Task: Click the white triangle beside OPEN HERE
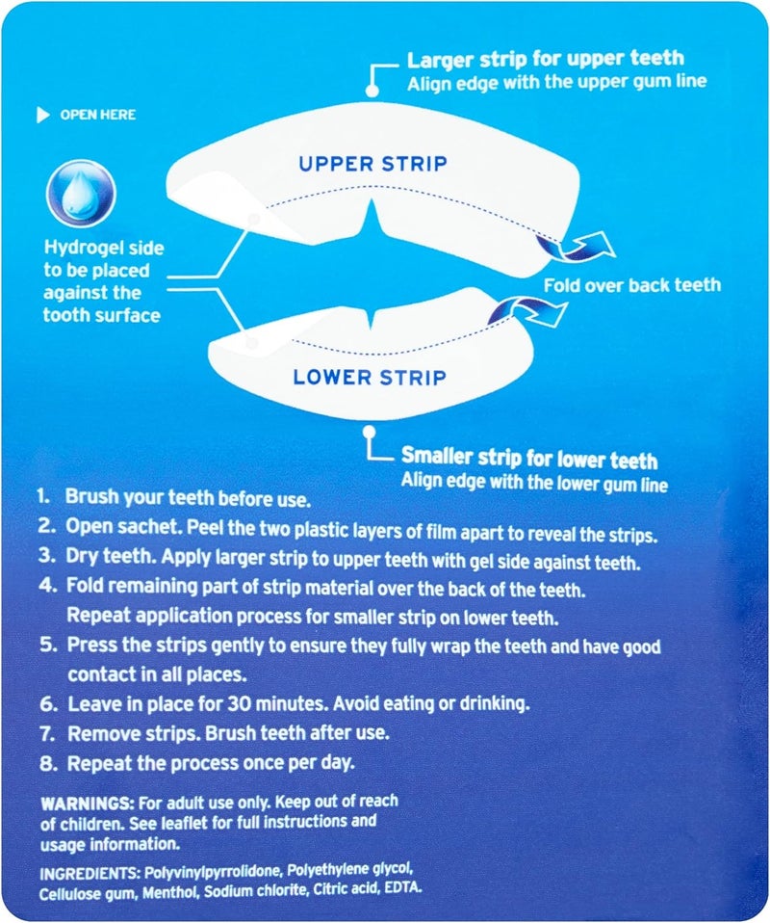tap(42, 116)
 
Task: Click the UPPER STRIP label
tap(372, 164)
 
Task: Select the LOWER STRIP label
tap(371, 376)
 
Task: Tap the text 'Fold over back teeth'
tap(631, 285)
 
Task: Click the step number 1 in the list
tap(42, 499)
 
